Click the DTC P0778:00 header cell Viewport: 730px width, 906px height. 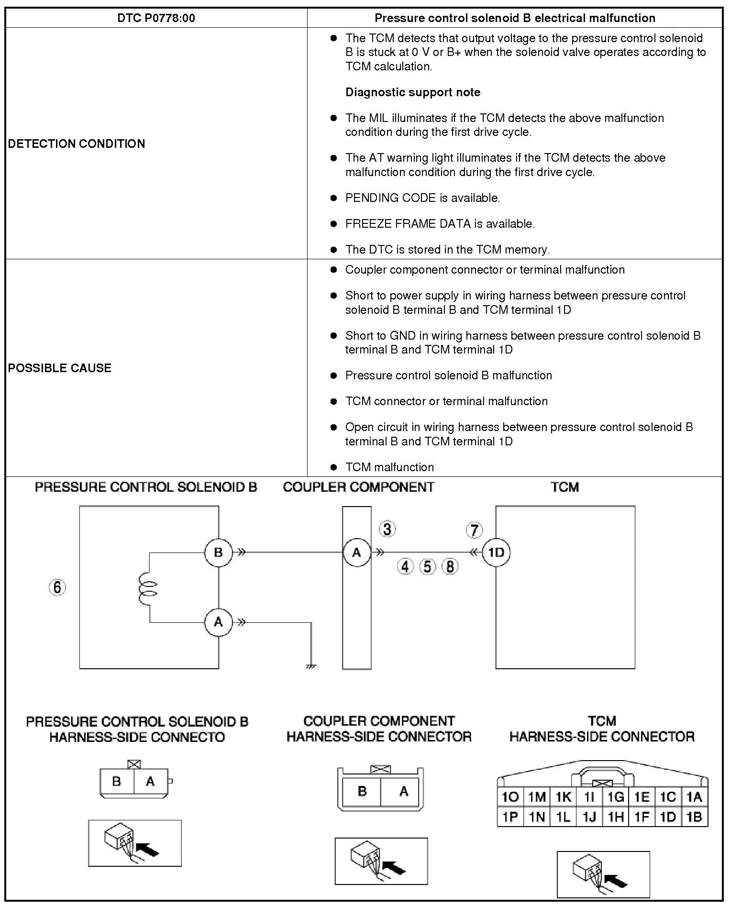[x=156, y=18]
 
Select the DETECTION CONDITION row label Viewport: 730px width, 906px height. [x=77, y=144]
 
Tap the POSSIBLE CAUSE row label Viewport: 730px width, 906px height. [x=60, y=368]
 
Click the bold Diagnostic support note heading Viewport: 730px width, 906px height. [x=413, y=92]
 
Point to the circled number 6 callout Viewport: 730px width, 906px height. [x=57, y=587]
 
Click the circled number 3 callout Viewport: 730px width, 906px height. [x=387, y=529]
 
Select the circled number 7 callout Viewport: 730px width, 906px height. [x=474, y=530]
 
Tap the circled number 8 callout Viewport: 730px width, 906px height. [x=450, y=567]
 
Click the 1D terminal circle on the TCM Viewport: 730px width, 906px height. [x=496, y=552]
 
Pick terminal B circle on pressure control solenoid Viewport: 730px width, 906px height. [x=218, y=552]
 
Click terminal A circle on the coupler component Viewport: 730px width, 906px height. [x=356, y=552]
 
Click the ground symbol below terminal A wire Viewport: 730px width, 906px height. [x=311, y=665]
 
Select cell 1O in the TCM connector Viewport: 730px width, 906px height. [x=510, y=796]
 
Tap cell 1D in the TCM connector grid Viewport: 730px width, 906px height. [x=668, y=817]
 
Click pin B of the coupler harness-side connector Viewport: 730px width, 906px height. [x=362, y=791]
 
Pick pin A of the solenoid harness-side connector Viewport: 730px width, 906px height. [x=150, y=781]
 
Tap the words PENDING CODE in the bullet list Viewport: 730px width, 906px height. [x=390, y=198]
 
